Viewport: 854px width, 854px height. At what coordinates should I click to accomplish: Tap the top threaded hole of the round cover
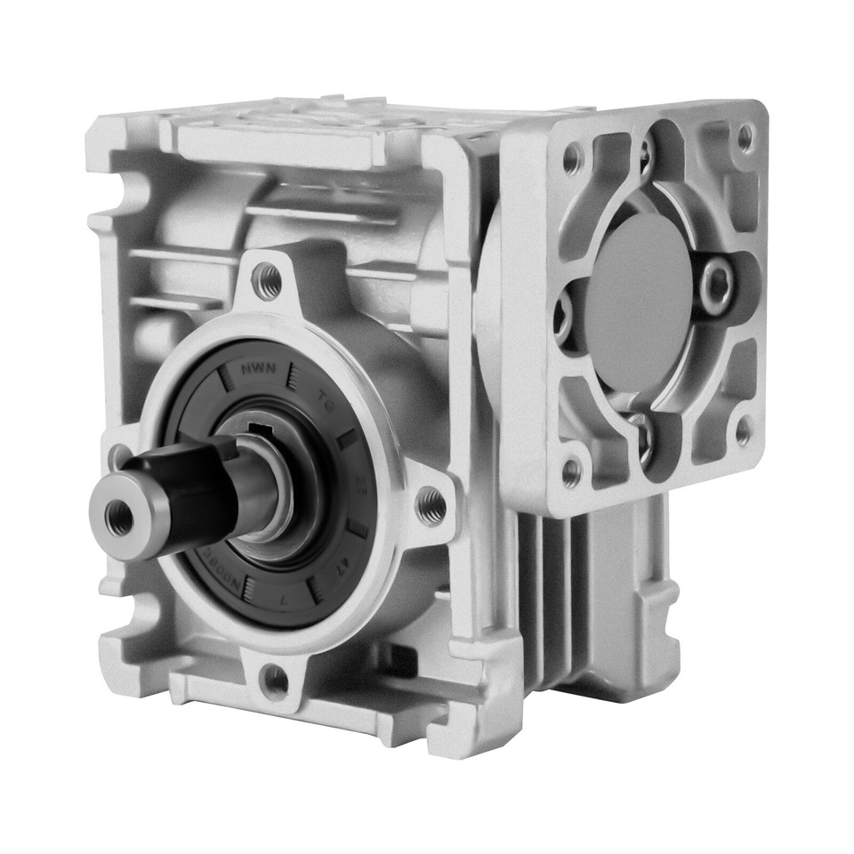[x=266, y=282]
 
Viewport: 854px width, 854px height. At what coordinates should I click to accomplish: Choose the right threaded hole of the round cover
[x=431, y=505]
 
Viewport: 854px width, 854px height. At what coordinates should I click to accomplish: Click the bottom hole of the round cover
[x=275, y=681]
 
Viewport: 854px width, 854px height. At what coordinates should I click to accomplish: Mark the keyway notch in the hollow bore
[x=259, y=433]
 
